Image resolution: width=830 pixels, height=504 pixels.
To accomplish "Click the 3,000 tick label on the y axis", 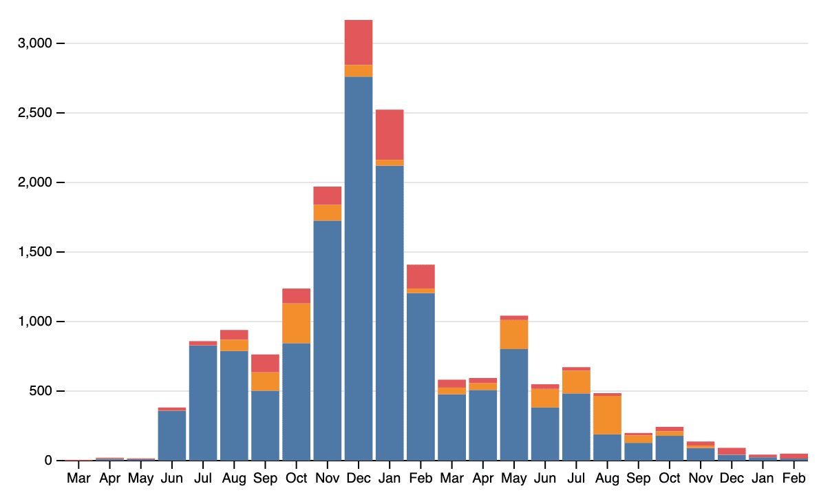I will (x=34, y=43).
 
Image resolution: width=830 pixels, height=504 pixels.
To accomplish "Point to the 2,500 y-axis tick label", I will (x=34, y=113).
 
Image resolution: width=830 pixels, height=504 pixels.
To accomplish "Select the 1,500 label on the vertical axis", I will (x=34, y=252).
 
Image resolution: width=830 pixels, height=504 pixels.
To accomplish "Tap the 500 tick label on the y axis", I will (x=39, y=391).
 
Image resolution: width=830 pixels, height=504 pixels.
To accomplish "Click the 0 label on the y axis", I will (x=48, y=460).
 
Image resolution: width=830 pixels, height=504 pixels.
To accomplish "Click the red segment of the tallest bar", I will (x=359, y=42).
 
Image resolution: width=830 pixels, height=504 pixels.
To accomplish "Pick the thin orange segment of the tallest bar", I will (x=359, y=71).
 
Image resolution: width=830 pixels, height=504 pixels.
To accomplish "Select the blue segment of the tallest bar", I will (x=359, y=269).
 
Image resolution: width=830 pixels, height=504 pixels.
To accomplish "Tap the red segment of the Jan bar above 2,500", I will (x=390, y=134).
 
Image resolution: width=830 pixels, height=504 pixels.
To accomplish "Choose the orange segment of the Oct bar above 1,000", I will (x=297, y=323).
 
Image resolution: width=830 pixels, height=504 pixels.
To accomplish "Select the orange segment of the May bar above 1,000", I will (x=514, y=335).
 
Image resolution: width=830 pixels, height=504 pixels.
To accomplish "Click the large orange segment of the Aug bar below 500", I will (x=608, y=415).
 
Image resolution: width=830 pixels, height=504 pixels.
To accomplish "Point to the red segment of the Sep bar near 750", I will (x=265, y=363).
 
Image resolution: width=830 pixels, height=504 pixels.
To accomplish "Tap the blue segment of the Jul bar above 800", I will (x=203, y=403).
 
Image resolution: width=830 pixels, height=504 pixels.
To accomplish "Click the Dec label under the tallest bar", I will (x=359, y=478).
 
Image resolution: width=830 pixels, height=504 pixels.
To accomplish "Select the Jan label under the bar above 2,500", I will (x=390, y=478).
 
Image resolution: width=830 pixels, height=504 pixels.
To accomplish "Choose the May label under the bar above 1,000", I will (x=514, y=478).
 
